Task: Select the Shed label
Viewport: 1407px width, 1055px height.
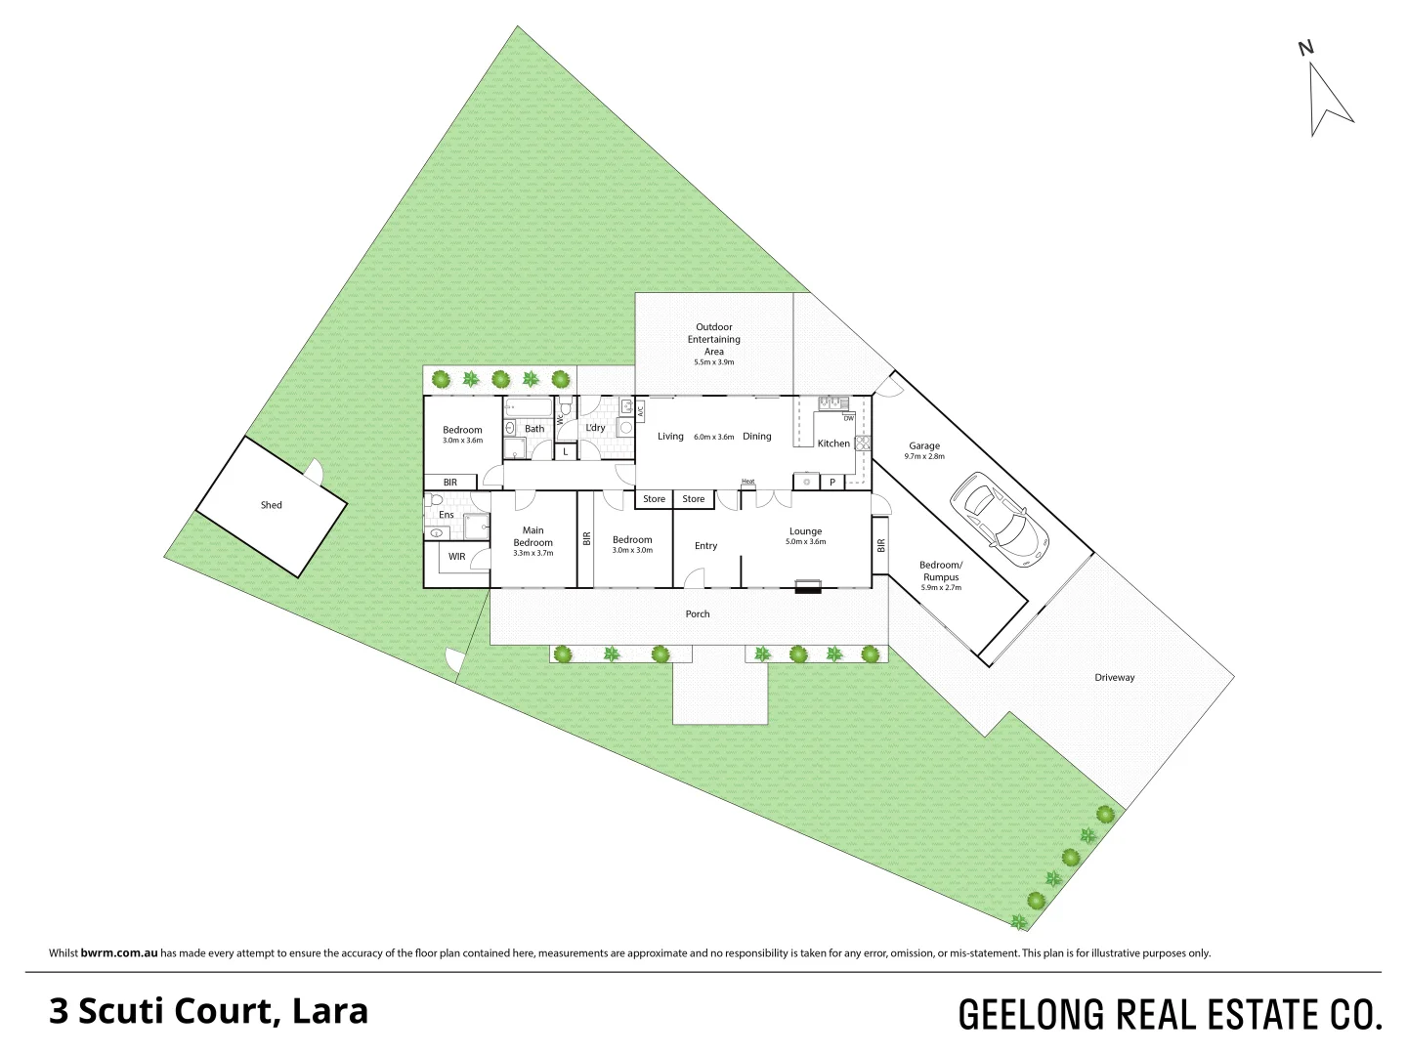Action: point(271,505)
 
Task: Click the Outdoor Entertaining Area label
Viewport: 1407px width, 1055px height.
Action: point(714,339)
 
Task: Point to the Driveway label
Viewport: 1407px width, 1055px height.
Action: point(1114,677)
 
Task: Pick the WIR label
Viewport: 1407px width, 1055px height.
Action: point(457,557)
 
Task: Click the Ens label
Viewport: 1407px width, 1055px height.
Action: point(447,515)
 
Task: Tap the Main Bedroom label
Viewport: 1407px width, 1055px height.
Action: point(533,536)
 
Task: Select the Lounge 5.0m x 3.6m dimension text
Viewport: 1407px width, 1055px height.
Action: point(806,542)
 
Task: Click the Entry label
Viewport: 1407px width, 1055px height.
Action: point(705,546)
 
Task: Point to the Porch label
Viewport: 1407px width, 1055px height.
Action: point(698,614)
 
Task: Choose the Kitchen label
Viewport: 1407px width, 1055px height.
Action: point(833,443)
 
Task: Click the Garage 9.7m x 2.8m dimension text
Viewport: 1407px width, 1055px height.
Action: point(924,456)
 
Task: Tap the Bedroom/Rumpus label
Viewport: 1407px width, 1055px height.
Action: point(941,570)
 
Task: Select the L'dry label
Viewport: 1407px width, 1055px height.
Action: point(595,428)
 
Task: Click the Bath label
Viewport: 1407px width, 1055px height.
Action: point(534,429)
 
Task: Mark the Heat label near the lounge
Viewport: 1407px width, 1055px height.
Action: point(748,482)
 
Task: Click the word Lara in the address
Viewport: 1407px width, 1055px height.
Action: point(331,1011)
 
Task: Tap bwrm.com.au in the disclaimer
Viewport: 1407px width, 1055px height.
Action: point(119,952)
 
